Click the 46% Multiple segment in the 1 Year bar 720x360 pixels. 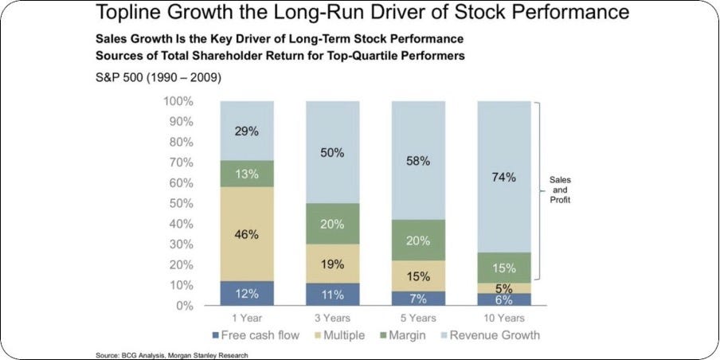246,234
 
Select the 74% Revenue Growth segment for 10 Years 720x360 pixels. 503,177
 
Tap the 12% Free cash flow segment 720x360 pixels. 246,294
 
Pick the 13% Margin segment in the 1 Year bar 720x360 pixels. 246,174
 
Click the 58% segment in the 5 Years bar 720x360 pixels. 418,161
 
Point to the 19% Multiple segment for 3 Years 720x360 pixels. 333,264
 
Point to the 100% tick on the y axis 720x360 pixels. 178,101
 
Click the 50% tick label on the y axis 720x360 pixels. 180,203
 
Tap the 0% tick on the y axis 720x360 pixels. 183,305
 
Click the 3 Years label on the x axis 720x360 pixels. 332,316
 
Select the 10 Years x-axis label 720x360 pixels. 503,316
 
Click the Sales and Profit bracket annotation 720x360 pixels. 560,190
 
